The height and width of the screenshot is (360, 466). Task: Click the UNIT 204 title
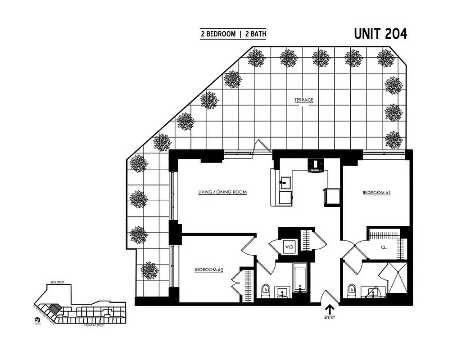pyautogui.click(x=380, y=34)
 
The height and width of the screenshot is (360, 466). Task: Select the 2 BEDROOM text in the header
pyautogui.click(x=218, y=34)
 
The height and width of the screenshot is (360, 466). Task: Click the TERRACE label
pyautogui.click(x=304, y=100)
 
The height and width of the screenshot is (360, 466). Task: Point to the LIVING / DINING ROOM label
pyautogui.click(x=222, y=193)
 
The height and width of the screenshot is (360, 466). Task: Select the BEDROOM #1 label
pyautogui.click(x=376, y=193)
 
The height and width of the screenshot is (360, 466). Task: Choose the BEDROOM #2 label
pyautogui.click(x=209, y=270)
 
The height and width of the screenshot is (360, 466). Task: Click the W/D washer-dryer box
pyautogui.click(x=289, y=247)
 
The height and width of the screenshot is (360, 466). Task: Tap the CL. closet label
pyautogui.click(x=384, y=247)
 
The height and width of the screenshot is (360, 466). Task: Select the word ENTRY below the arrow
pyautogui.click(x=330, y=318)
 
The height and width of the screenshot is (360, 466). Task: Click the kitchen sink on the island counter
pyautogui.click(x=284, y=183)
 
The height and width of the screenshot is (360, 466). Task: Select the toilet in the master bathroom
pyautogui.click(x=351, y=289)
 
